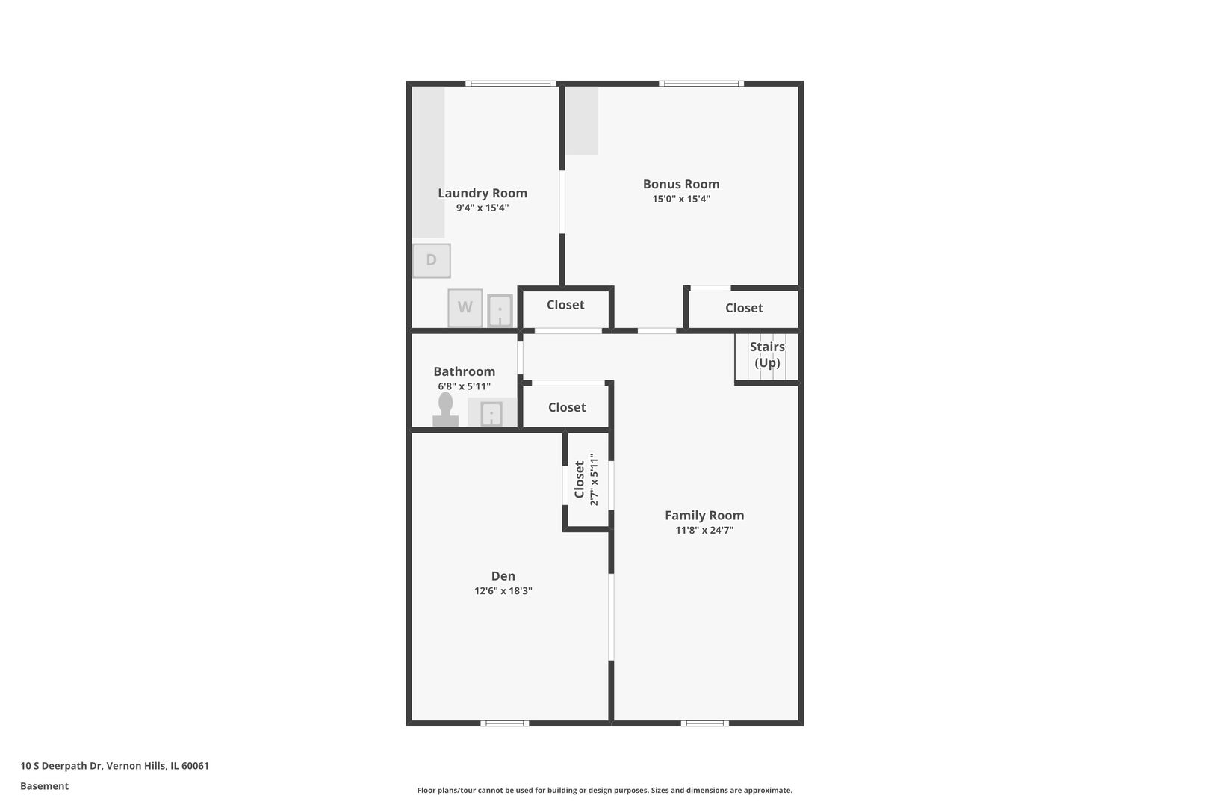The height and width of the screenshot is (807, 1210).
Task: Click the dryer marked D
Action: tap(431, 261)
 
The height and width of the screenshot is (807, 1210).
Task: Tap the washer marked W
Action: tap(465, 308)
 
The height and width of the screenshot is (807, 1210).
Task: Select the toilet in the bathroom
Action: tap(446, 409)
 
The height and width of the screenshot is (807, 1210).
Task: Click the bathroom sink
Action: tap(491, 413)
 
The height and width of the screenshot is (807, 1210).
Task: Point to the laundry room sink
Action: tap(500, 310)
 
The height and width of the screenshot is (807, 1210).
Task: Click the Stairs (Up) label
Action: tap(767, 355)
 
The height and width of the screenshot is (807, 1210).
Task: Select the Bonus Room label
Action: tap(680, 184)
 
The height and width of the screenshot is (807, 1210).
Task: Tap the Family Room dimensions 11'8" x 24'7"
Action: tap(704, 531)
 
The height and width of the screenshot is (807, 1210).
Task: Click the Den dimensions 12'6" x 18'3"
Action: tap(503, 591)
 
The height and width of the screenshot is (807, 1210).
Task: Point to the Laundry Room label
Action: tap(483, 193)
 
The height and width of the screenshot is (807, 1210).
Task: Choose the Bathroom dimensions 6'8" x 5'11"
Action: tap(464, 386)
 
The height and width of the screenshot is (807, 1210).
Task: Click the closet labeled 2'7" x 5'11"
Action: tap(586, 480)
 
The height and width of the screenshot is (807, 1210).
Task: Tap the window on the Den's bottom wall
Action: tap(504, 723)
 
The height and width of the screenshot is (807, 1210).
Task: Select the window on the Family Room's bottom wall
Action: tap(704, 723)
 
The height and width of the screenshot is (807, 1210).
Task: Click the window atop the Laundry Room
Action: tap(510, 84)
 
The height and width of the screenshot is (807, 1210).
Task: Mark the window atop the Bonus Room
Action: tap(701, 84)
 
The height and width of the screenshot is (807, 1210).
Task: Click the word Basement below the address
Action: tap(44, 786)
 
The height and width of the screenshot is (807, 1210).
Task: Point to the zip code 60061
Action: tap(195, 765)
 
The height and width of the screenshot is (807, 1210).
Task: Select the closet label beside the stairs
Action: tap(744, 308)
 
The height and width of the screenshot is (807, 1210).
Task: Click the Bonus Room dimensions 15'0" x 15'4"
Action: tap(680, 199)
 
